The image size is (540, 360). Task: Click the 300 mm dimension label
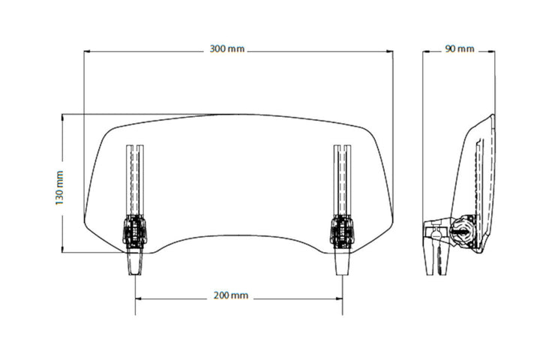(227, 49)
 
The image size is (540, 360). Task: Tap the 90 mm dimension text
(459, 49)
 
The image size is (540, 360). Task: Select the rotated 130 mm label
(59, 187)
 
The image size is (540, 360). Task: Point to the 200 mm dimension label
(230, 295)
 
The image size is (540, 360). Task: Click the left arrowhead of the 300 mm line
(86, 51)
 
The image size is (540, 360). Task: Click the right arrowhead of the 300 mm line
(391, 51)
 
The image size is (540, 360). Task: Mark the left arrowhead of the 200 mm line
(137, 296)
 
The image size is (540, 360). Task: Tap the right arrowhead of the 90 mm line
(492, 51)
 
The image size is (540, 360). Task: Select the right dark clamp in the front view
(340, 230)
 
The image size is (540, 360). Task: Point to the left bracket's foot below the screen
(136, 262)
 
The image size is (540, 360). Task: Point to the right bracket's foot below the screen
(341, 262)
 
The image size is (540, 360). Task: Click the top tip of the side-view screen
(492, 116)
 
